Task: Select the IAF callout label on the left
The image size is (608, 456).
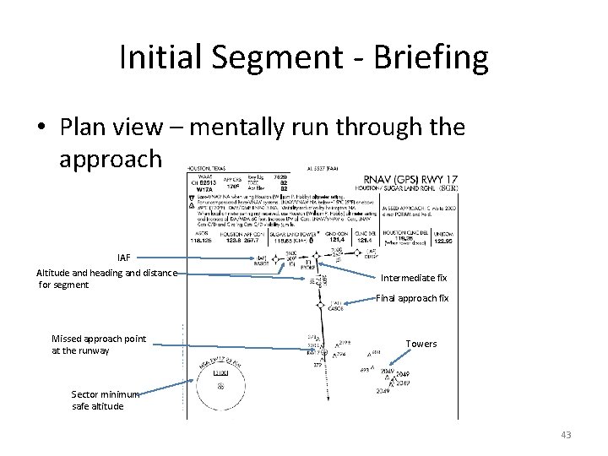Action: coord(123,257)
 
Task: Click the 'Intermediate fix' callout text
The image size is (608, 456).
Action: coord(413,278)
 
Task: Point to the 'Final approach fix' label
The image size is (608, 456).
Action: coord(412,298)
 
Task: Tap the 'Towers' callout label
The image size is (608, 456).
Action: coord(421,344)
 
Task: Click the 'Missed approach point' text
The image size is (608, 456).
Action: coord(98,339)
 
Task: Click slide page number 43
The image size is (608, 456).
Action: coord(565,434)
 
